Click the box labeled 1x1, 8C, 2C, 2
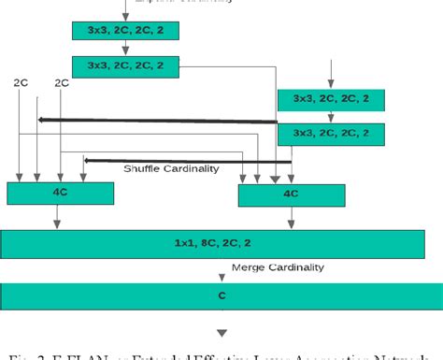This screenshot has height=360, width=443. (x=221, y=243)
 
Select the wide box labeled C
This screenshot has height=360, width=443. (x=221, y=295)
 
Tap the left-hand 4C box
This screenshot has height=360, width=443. (x=60, y=193)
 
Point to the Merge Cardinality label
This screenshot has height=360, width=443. (x=278, y=267)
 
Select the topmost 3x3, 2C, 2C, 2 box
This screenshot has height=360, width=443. (x=124, y=31)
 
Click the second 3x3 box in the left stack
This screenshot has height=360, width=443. (x=124, y=65)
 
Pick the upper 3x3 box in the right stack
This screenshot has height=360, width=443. (x=330, y=99)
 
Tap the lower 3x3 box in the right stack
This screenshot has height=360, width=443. (x=330, y=134)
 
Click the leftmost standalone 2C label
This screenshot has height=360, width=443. (x=21, y=82)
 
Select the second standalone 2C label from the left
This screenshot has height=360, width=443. (x=62, y=82)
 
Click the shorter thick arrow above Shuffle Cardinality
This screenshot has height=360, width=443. (x=187, y=160)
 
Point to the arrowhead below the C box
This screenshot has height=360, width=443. (x=221, y=332)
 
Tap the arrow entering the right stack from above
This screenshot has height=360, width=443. (x=330, y=73)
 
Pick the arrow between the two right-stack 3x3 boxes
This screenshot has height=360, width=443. (x=330, y=117)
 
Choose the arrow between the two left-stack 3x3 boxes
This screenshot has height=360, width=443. (x=124, y=48)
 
